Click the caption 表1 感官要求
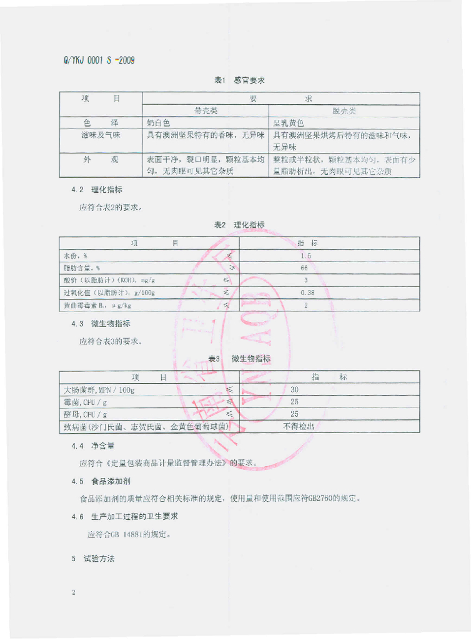pyautogui.click(x=240, y=80)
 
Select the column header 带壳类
pyautogui.click(x=206, y=111)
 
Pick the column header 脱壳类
pyautogui.click(x=344, y=111)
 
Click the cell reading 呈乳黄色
pyautogui.click(x=288, y=123)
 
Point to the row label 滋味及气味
pyautogui.click(x=101, y=135)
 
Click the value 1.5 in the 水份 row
pyautogui.click(x=305, y=256)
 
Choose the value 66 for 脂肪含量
pyautogui.click(x=304, y=268)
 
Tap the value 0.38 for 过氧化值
pyautogui.click(x=307, y=293)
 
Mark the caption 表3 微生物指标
pyautogui.click(x=239, y=358)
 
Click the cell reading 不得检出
pyautogui.click(x=298, y=427)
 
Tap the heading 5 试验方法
pyautogui.click(x=93, y=559)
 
